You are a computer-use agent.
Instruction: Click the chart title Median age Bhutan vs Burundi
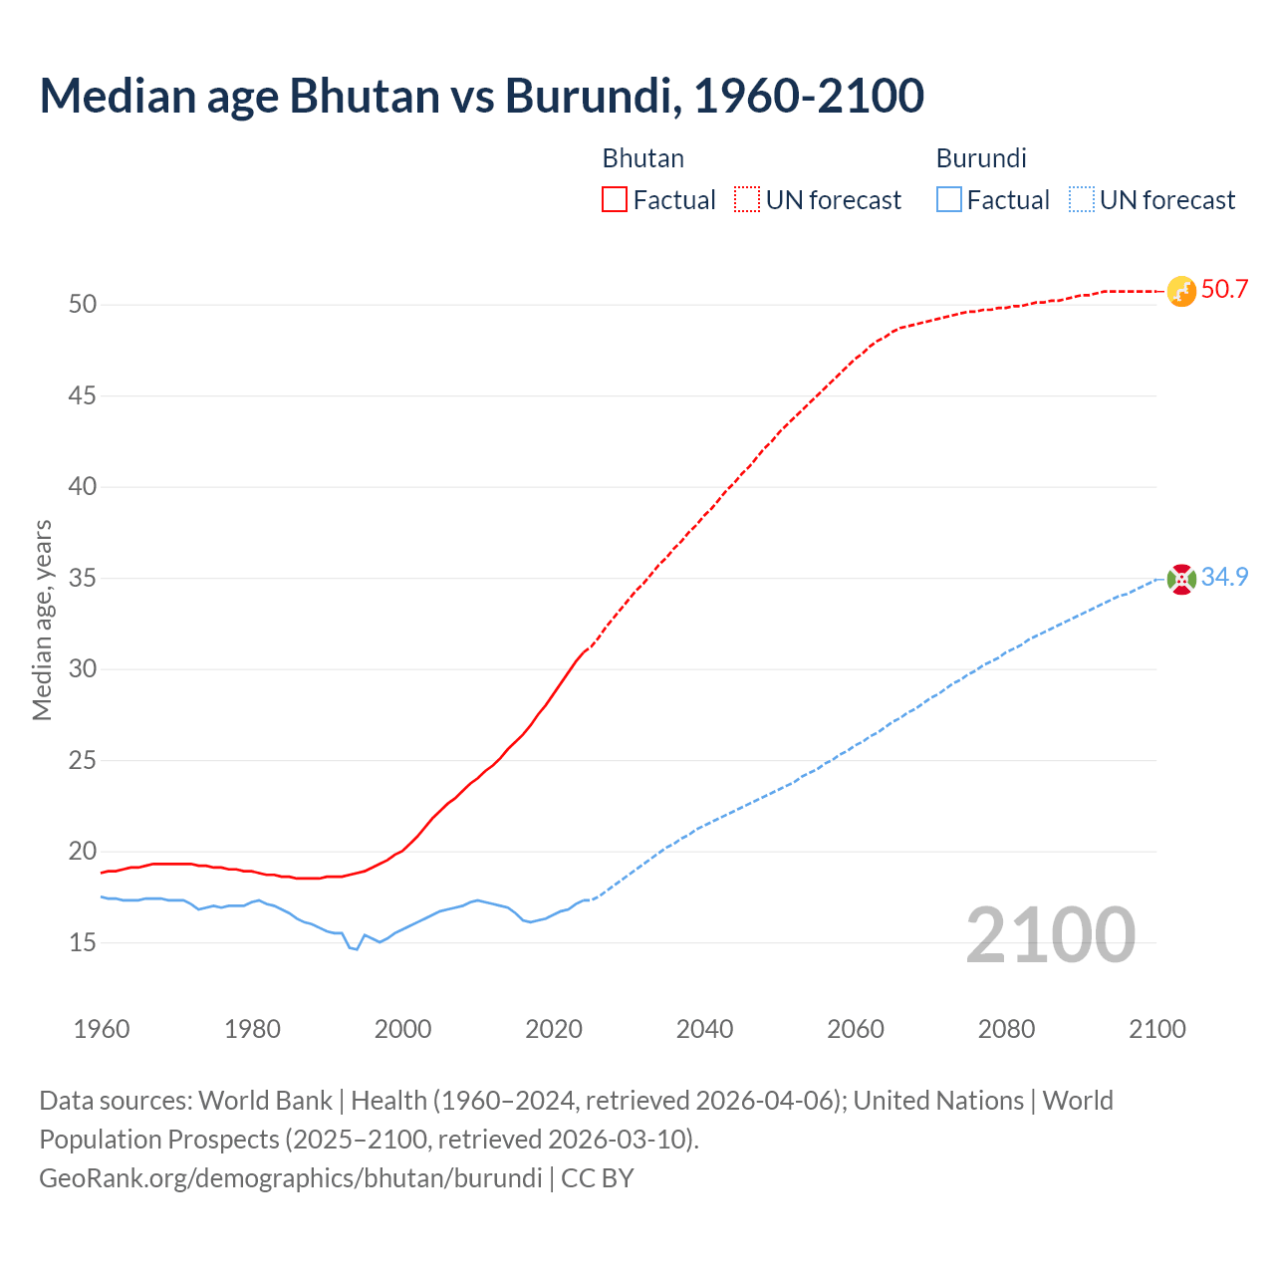pyautogui.click(x=481, y=97)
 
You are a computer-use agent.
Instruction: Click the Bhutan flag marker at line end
pyautogui.click(x=1181, y=291)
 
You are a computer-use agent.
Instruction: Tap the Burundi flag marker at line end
pyautogui.click(x=1181, y=579)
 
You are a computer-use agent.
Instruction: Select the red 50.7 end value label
pyautogui.click(x=1224, y=290)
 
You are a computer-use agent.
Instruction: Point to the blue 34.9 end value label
pyautogui.click(x=1224, y=578)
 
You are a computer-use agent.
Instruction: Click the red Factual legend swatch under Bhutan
pyautogui.click(x=615, y=200)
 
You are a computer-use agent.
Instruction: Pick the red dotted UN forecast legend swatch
pyautogui.click(x=747, y=200)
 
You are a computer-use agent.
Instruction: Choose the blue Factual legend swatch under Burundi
pyautogui.click(x=948, y=200)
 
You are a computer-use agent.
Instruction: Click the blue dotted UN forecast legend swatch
pyautogui.click(x=1081, y=200)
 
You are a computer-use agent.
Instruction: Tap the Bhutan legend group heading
pyautogui.click(x=643, y=158)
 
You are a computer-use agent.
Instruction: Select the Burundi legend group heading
pyautogui.click(x=981, y=158)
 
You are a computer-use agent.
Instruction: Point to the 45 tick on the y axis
pyautogui.click(x=83, y=396)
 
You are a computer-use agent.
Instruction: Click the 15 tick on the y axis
pyautogui.click(x=83, y=942)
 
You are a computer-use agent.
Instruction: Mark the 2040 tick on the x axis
pyautogui.click(x=704, y=1029)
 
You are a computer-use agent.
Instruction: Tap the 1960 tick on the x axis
pyautogui.click(x=102, y=1029)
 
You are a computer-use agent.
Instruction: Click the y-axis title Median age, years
pyautogui.click(x=42, y=620)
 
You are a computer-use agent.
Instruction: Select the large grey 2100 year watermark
pyautogui.click(x=1050, y=934)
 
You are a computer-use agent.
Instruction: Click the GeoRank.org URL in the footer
pyautogui.click(x=290, y=1178)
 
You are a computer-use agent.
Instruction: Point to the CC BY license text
pyautogui.click(x=598, y=1178)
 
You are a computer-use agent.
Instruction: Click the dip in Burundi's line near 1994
pyautogui.click(x=356, y=948)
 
